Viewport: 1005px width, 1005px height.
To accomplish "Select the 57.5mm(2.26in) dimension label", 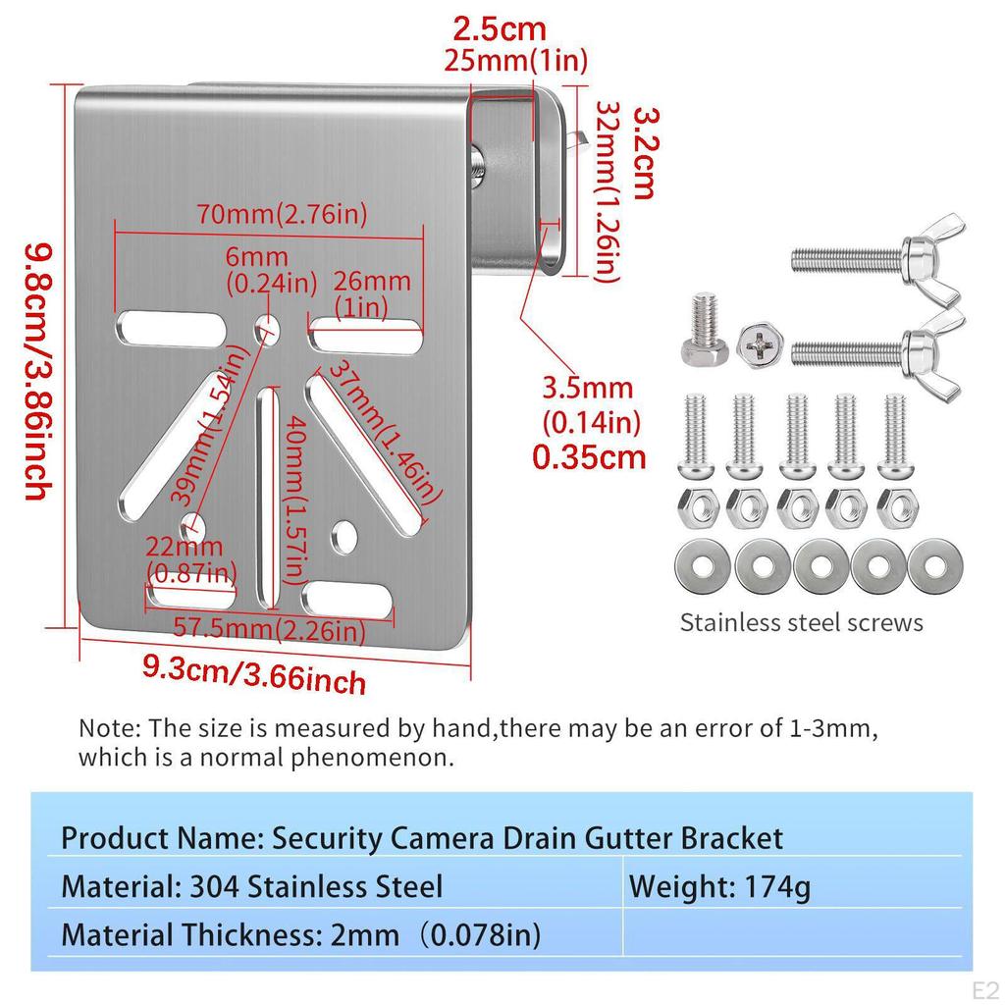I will pos(270,629).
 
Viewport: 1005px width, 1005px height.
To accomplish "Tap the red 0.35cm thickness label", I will pos(589,457).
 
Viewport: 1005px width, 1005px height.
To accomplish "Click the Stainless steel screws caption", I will pos(801,622).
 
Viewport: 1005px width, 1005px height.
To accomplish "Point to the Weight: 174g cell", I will pos(719,887).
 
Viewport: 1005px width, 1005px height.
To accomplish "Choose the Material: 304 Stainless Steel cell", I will pos(251,887).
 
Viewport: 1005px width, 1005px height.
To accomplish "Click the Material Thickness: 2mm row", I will pos(300,934).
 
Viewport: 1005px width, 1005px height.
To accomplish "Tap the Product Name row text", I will pos(422,838).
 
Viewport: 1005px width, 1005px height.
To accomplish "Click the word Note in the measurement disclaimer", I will pos(108,729).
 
